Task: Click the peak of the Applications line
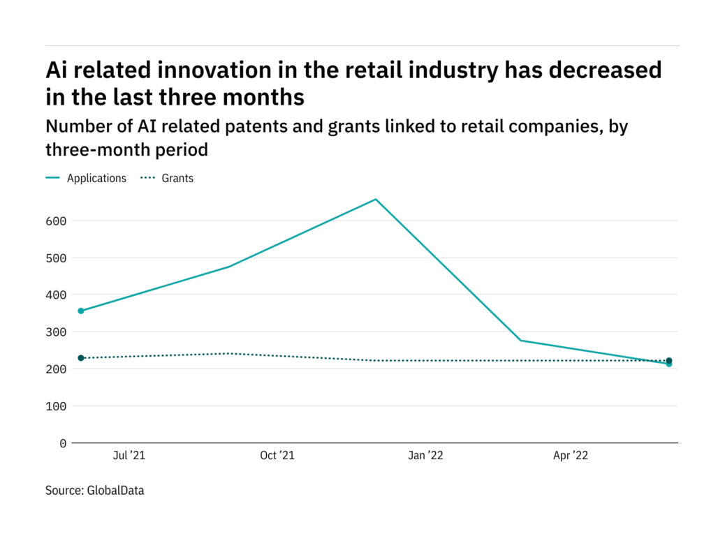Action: (x=376, y=200)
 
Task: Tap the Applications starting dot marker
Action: (x=81, y=311)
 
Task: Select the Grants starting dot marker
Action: (x=81, y=358)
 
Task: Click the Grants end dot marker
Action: (x=669, y=360)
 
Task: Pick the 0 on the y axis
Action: (x=63, y=443)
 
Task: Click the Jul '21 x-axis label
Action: (x=129, y=456)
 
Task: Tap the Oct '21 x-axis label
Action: (x=277, y=456)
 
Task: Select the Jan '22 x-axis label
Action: (x=425, y=456)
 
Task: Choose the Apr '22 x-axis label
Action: (x=571, y=456)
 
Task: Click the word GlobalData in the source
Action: (x=115, y=491)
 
